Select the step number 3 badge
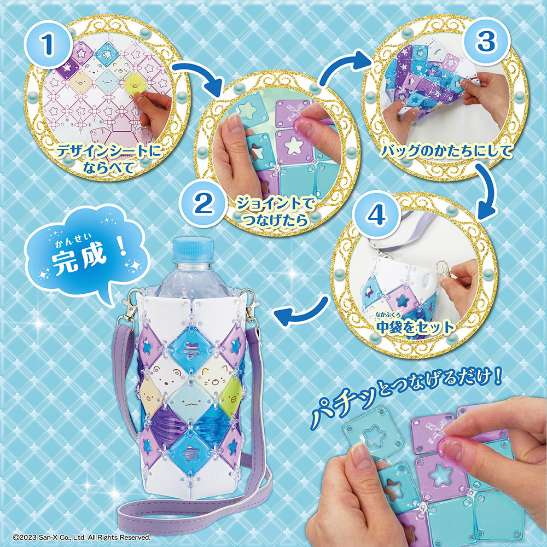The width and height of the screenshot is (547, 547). click(485, 42)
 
